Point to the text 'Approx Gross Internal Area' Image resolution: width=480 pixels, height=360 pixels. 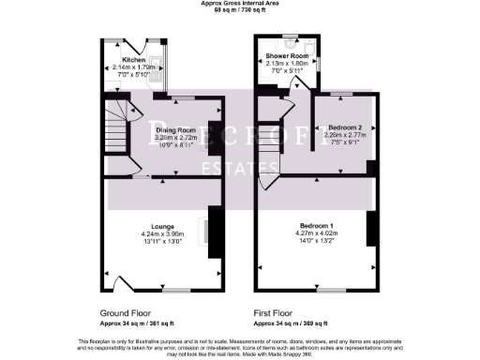(x=239, y=4)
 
